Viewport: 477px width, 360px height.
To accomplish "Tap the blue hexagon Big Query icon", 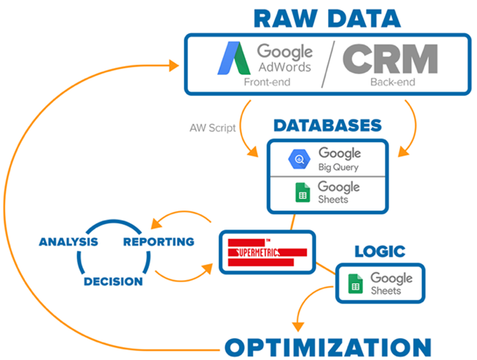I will [x=299, y=159].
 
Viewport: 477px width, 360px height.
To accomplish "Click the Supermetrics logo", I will [x=266, y=253].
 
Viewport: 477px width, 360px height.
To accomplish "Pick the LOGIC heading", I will [x=379, y=251].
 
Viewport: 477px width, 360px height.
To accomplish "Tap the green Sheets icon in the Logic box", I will [x=355, y=283].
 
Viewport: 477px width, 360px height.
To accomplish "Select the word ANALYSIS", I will [x=68, y=242].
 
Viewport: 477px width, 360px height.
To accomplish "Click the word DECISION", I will [x=113, y=282].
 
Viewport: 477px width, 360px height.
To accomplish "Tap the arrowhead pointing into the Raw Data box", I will [x=175, y=65].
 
